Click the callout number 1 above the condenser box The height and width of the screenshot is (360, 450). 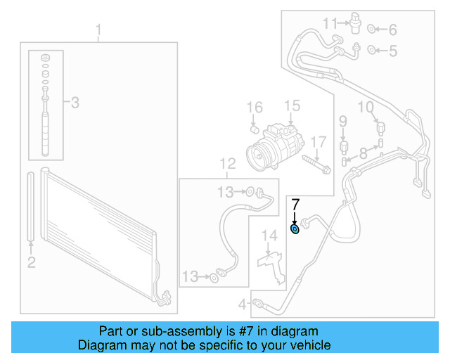[99, 30]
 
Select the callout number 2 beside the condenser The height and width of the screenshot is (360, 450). [31, 262]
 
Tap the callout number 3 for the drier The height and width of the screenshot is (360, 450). [75, 103]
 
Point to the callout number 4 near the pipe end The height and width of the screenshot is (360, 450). [243, 304]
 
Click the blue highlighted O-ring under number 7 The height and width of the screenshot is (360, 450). [295, 228]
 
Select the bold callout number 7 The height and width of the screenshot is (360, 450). [295, 205]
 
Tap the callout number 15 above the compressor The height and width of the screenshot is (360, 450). [292, 106]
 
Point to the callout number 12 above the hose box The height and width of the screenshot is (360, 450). [227, 165]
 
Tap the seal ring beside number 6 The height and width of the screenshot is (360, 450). [373, 30]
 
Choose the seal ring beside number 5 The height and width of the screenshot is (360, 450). [373, 50]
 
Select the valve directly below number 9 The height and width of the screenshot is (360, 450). [344, 146]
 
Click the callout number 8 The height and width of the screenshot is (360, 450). [363, 153]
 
